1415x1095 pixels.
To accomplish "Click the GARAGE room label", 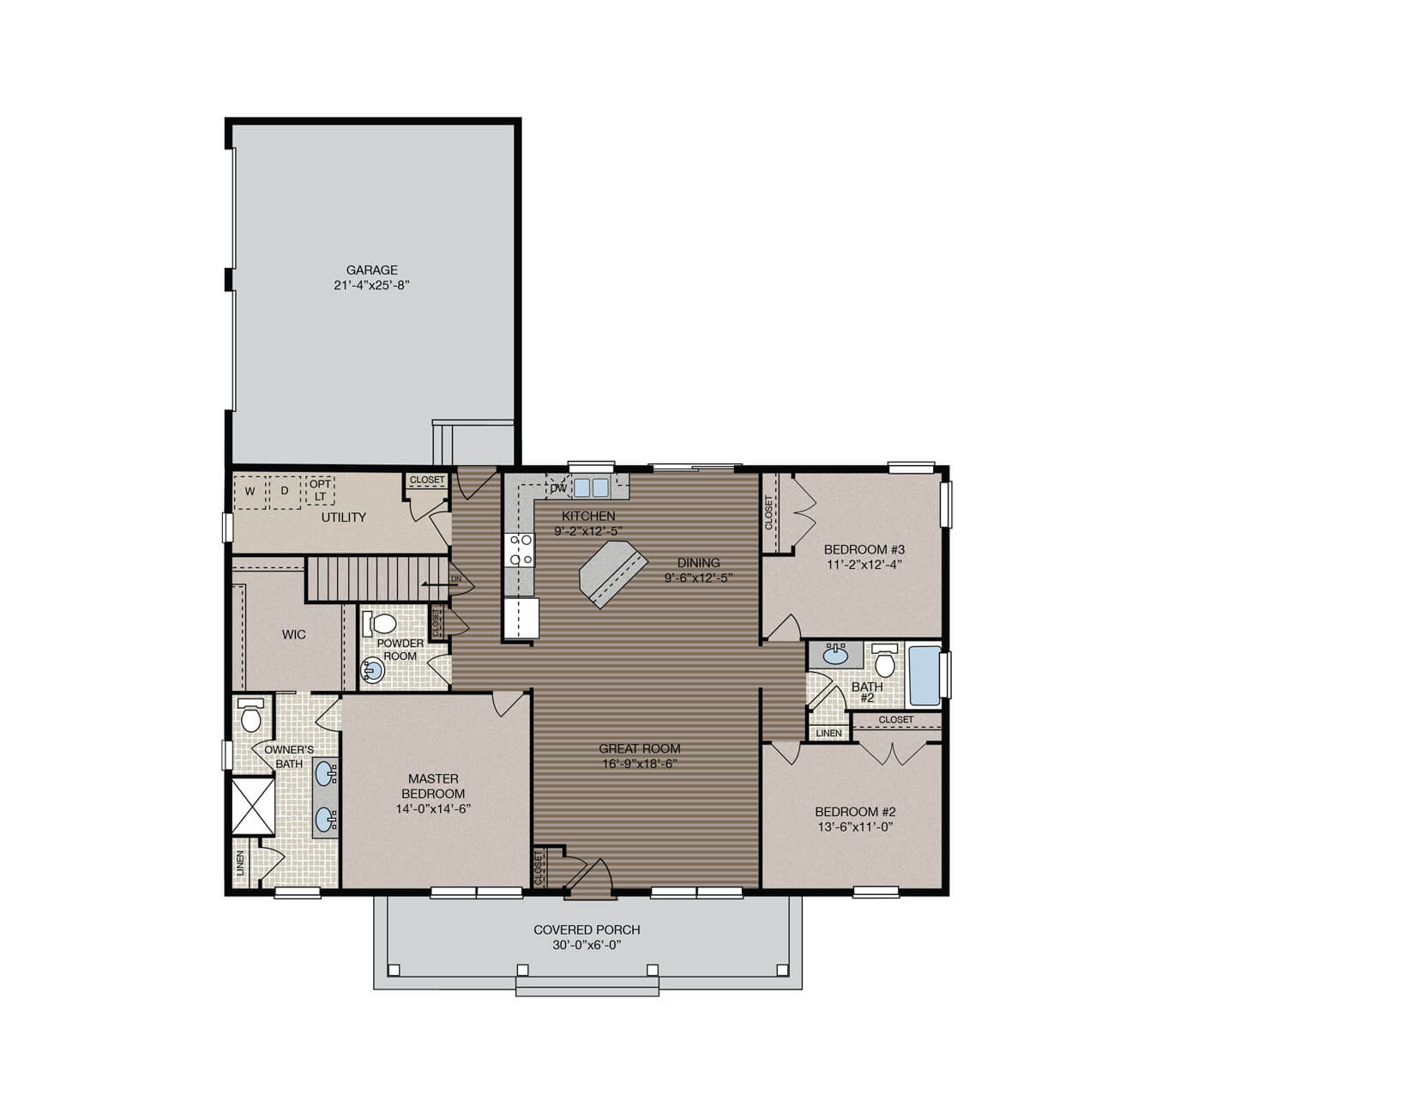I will [x=371, y=269].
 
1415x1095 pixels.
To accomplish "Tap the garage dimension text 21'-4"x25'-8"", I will [x=371, y=286].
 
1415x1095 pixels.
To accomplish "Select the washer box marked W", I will [x=250, y=492].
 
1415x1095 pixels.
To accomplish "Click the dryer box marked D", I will [x=285, y=492].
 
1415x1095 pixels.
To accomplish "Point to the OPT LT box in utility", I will [x=320, y=491].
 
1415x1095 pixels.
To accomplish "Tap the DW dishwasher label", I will [x=558, y=488].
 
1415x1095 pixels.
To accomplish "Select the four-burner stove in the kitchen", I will [x=519, y=550].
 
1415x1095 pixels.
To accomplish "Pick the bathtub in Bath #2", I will [x=924, y=676].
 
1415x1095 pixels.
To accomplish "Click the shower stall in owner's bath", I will [x=253, y=804].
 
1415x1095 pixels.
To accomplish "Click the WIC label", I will [x=294, y=635].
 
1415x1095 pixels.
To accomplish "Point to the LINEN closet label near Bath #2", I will [x=828, y=734].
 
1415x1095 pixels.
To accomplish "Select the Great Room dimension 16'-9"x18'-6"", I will [x=640, y=764].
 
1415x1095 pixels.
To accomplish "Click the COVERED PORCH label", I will [x=587, y=929].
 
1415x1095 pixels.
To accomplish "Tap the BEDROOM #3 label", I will [x=864, y=549].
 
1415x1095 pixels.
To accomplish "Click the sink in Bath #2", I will [x=834, y=656].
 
